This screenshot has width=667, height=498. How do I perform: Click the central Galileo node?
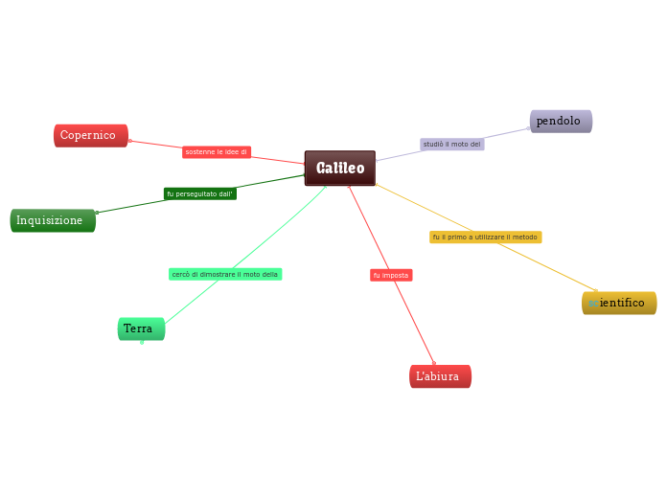click(x=340, y=169)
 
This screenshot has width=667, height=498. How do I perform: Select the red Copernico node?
click(x=91, y=136)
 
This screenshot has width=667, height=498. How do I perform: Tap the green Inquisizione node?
click(x=53, y=221)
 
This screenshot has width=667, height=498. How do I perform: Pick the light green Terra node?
click(x=141, y=328)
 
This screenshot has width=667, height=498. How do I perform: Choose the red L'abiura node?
click(x=440, y=376)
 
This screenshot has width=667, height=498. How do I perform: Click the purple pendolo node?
click(x=561, y=122)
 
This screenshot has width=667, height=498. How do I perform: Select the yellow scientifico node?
click(x=619, y=303)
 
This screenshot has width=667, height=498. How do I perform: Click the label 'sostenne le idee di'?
click(x=217, y=152)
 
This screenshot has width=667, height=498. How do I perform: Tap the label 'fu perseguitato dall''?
click(x=200, y=193)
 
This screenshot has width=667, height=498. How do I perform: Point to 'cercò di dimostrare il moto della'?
click(x=225, y=275)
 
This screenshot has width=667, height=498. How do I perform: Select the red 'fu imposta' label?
click(x=391, y=276)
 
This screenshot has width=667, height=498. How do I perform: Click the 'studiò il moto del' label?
click(x=452, y=145)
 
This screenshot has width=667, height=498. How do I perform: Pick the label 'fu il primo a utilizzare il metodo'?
click(x=485, y=238)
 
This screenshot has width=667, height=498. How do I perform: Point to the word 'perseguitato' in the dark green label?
click(x=195, y=193)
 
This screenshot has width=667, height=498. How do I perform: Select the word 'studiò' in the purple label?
click(x=433, y=145)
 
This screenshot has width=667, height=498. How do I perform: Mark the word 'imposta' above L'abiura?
click(x=396, y=276)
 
